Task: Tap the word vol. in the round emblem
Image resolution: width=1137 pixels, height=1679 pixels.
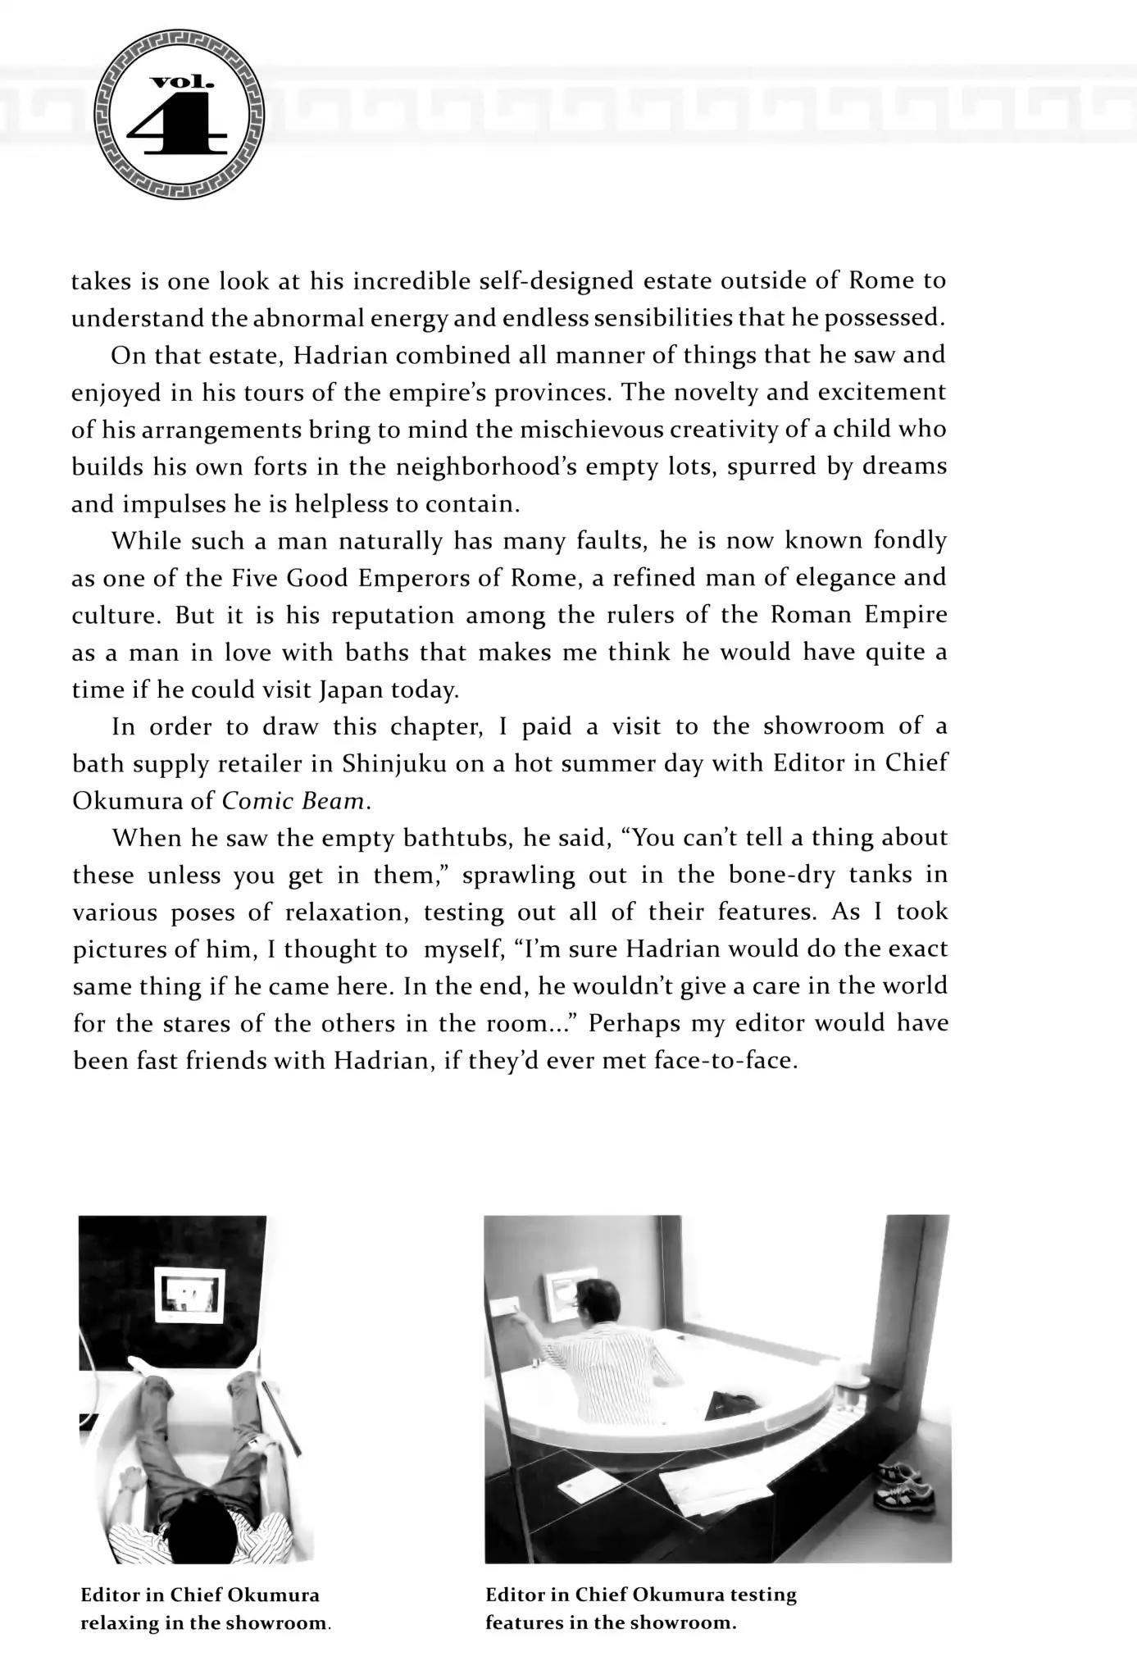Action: tap(181, 82)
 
